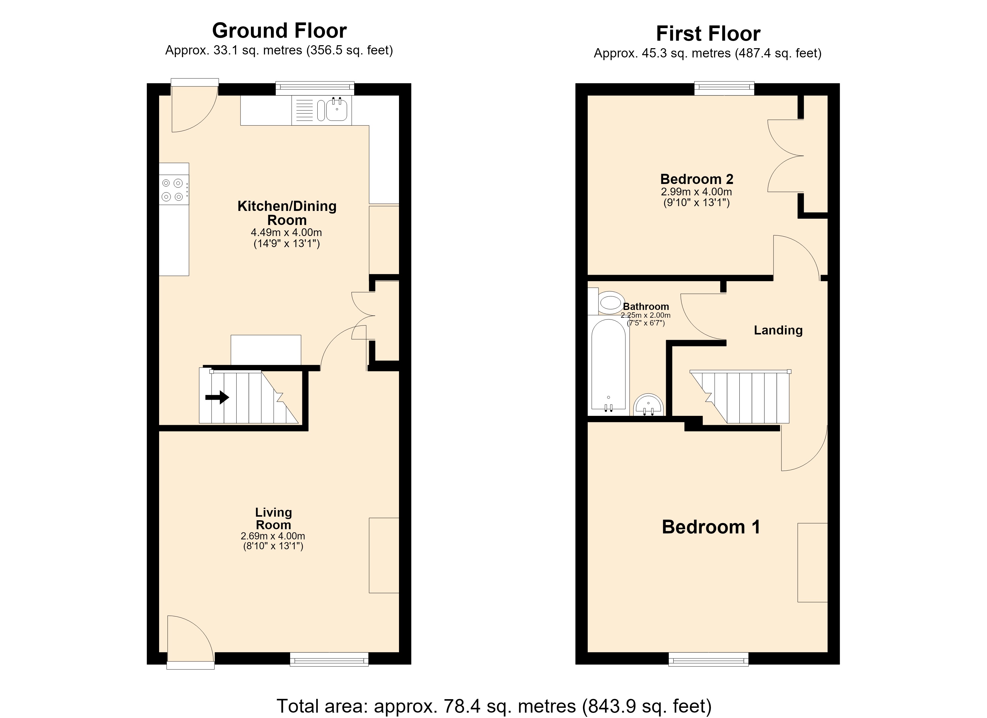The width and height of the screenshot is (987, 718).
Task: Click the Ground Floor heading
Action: click(x=279, y=31)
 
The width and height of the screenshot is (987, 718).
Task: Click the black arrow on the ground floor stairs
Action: click(x=217, y=397)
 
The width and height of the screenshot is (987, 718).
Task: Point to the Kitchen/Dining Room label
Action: click(x=287, y=213)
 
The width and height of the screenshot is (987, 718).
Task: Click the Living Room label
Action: click(x=273, y=518)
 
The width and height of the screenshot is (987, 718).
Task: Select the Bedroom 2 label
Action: click(x=697, y=179)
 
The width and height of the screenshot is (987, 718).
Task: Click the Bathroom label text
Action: click(x=646, y=307)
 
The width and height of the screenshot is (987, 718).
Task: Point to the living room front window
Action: click(x=329, y=659)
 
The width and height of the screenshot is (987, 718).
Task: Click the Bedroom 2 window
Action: click(x=724, y=88)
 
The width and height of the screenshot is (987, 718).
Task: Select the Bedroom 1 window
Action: click(x=709, y=659)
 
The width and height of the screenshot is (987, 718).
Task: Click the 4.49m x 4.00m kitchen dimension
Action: click(x=286, y=232)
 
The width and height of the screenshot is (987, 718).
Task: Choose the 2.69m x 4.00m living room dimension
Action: click(x=273, y=536)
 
